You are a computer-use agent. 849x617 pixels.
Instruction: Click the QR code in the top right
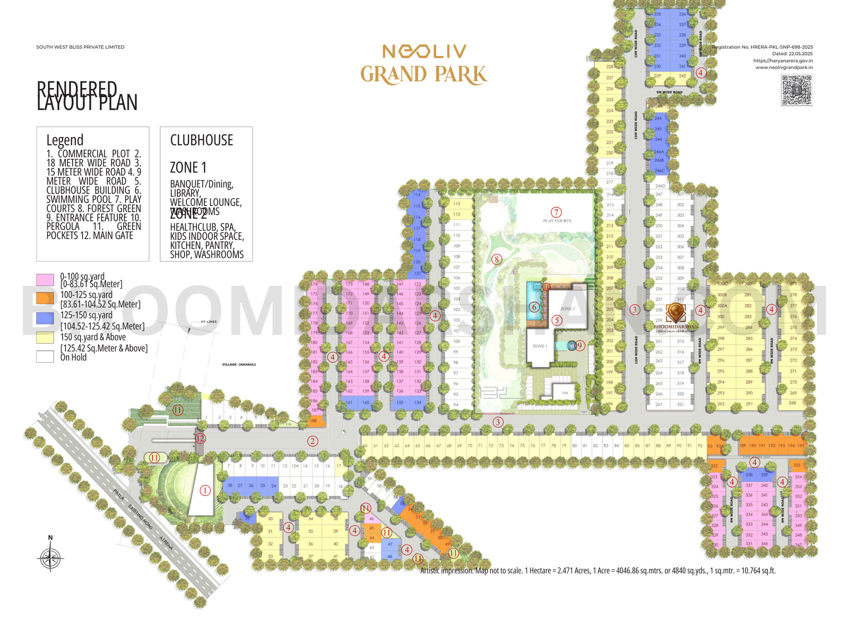pos(796,90)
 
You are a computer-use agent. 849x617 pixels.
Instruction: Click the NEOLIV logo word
pos(424,52)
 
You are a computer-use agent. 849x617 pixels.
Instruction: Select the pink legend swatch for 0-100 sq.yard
pos(45,279)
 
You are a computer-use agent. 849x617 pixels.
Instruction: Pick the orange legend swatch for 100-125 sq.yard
pos(45,298)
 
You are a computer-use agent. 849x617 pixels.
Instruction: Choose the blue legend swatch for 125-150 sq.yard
pos(45,318)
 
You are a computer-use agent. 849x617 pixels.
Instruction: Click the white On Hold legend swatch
pos(45,356)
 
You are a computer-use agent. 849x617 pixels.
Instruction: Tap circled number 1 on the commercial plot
pos(205,491)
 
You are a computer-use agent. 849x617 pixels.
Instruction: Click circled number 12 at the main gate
pos(200,439)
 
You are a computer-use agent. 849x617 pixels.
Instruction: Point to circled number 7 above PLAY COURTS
pos(556,212)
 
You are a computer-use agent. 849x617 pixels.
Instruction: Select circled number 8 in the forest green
pos(497,259)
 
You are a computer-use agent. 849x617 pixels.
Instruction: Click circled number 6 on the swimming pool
pos(534,307)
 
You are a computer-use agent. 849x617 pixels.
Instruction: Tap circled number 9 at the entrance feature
pos(579,346)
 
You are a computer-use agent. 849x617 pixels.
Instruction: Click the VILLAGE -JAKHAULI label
pos(239,364)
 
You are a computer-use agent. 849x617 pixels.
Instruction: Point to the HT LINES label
pos(209,322)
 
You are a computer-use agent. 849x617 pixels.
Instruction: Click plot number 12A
pos(295,466)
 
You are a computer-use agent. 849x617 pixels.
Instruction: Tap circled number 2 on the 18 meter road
pos(313,441)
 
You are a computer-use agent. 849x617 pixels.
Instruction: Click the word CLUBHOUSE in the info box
pos(202,140)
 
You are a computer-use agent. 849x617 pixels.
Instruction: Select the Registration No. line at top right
pos(762,47)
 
